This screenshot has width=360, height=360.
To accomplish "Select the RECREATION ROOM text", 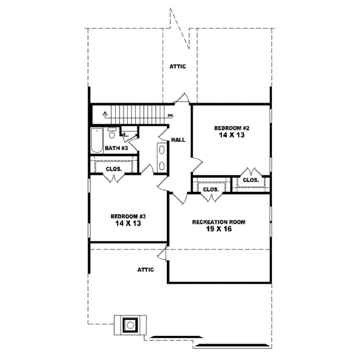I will click(218, 221).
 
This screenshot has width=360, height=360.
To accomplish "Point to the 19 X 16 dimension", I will click(219, 229).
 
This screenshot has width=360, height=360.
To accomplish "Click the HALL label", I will click(178, 139).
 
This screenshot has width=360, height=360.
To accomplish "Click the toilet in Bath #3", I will click(112, 135).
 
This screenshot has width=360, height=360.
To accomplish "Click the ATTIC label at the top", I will click(178, 67).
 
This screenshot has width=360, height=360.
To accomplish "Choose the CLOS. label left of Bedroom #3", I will click(114, 169).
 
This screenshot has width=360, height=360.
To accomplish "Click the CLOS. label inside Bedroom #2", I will click(251, 179).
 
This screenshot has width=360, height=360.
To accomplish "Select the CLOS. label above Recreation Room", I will click(210, 190).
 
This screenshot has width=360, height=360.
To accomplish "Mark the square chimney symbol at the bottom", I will click(130, 325).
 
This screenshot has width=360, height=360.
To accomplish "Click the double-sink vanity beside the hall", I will click(162, 157).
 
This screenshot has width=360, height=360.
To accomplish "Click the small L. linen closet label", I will click(126, 135).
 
